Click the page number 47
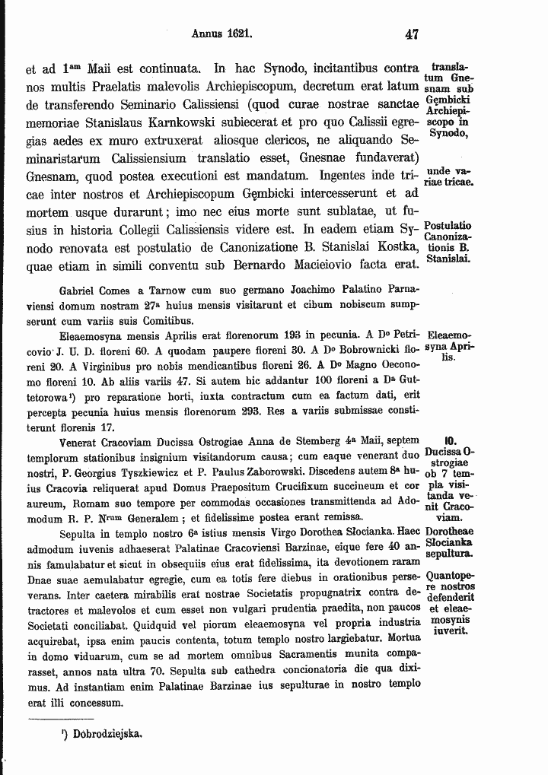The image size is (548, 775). coord(413,34)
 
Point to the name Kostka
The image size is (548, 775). coord(397,247)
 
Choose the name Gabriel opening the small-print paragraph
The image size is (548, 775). coord(77,291)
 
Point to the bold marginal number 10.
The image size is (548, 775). coord(449,441)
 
